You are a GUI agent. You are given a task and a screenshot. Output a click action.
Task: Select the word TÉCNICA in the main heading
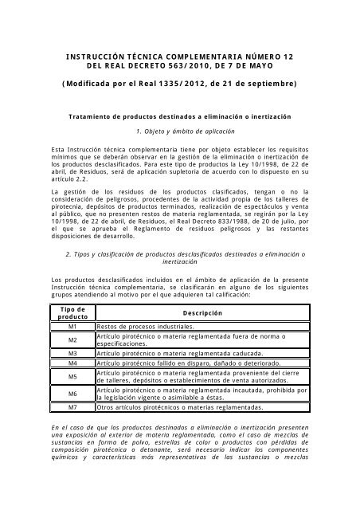click(148, 48)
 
